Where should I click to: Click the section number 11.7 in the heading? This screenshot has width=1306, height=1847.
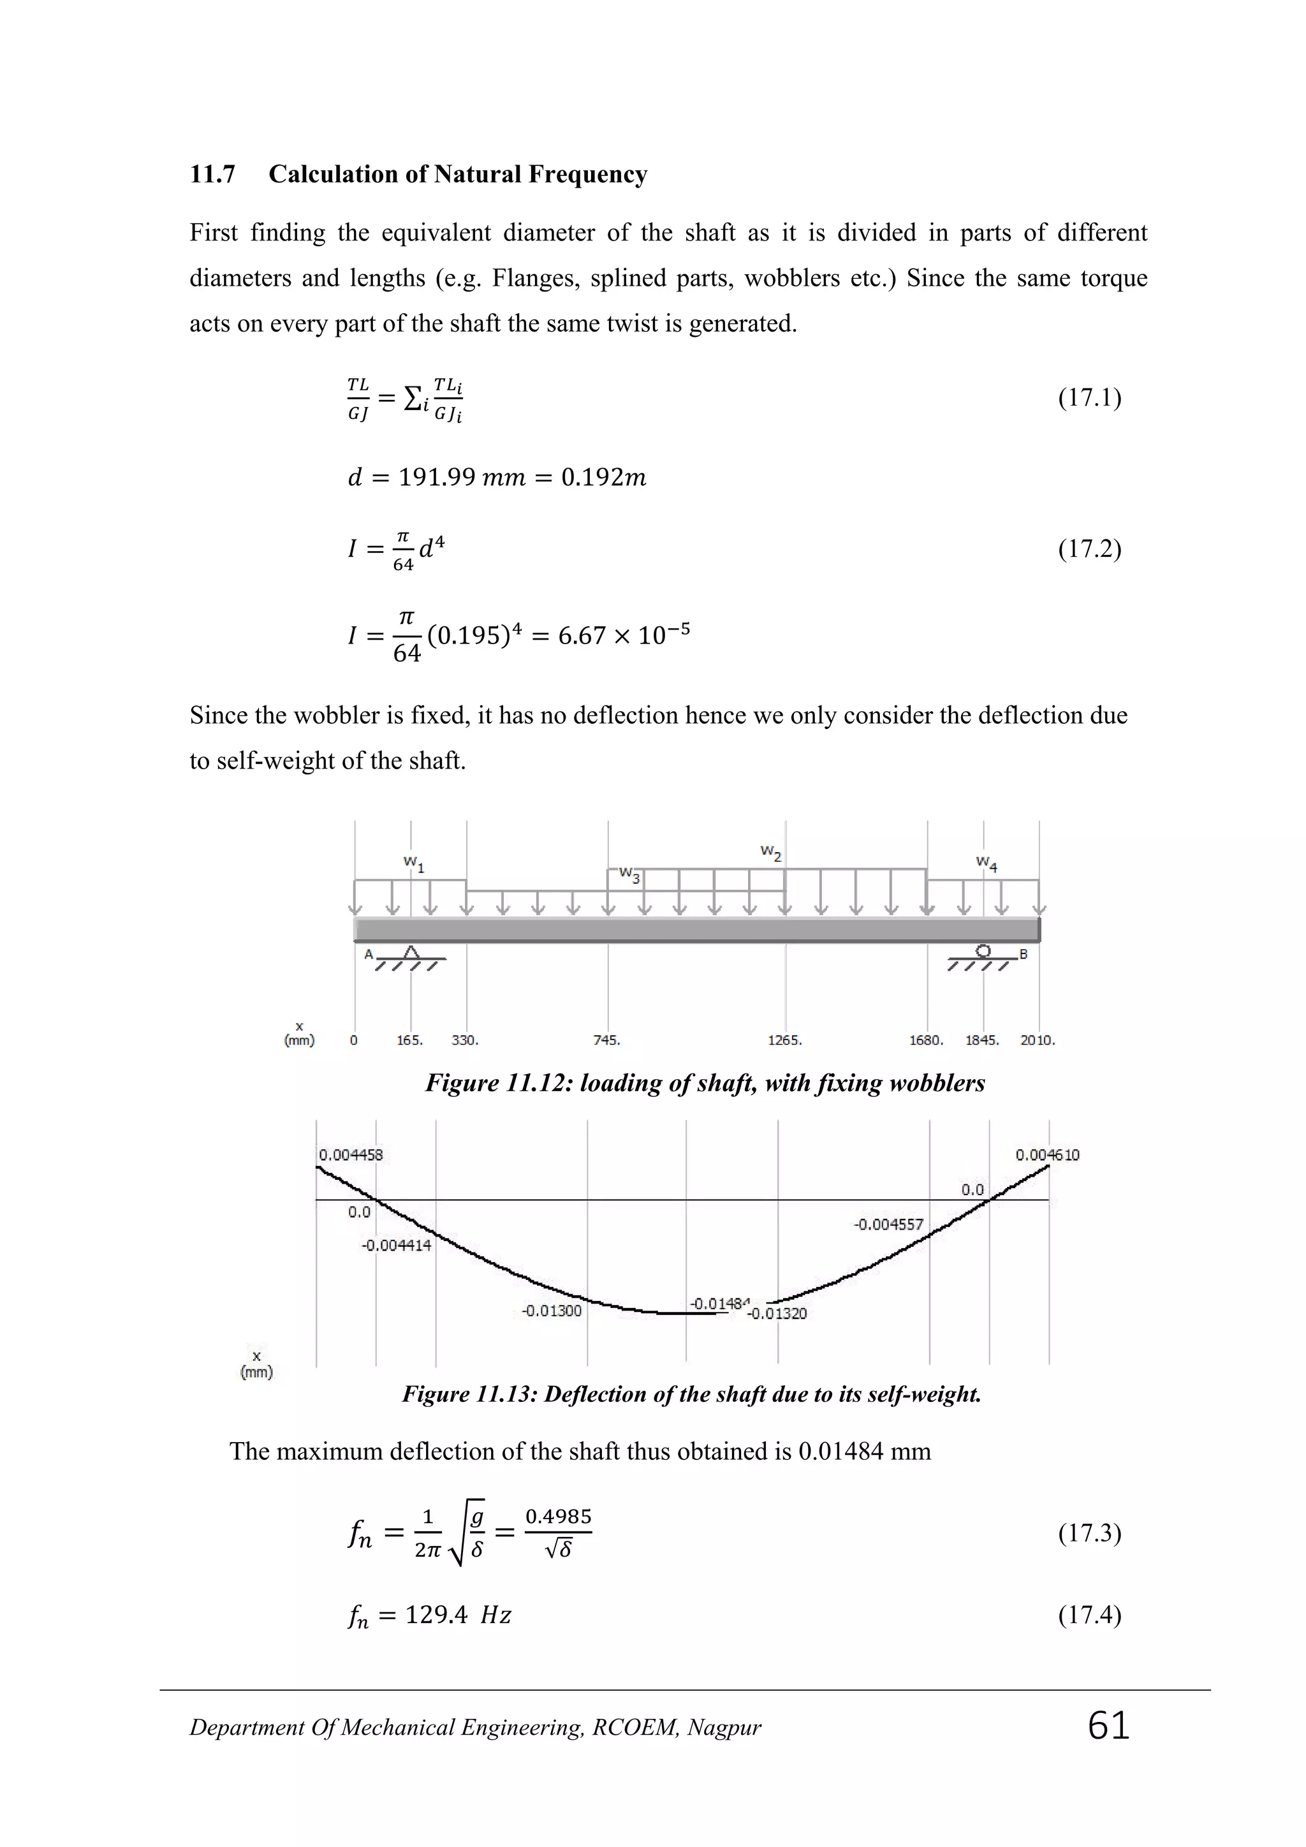tap(212, 175)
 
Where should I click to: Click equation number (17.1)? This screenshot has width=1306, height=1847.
tap(1089, 397)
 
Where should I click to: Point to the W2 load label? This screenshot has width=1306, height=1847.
tap(770, 852)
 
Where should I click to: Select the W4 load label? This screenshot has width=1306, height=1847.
tap(986, 863)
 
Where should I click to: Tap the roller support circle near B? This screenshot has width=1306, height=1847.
tap(983, 951)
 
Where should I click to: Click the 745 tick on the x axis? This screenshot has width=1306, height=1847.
tap(606, 1040)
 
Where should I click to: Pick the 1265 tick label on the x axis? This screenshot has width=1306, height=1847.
tap(784, 1040)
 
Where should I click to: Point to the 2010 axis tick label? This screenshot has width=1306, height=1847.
tap(1037, 1040)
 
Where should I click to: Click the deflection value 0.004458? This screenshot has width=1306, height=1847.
tap(351, 1155)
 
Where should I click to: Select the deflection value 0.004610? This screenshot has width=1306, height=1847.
tap(1047, 1155)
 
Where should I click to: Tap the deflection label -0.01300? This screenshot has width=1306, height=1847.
tap(551, 1311)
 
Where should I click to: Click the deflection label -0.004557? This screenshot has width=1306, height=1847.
tap(888, 1225)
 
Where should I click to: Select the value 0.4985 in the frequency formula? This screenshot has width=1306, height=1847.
tap(558, 1517)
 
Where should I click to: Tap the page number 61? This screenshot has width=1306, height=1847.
tap(1108, 1726)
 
